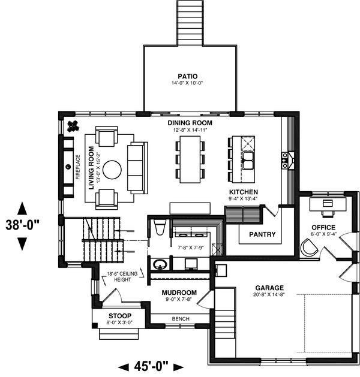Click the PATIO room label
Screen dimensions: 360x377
click(188, 77)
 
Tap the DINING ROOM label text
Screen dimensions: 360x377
click(190, 123)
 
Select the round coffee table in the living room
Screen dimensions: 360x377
click(112, 170)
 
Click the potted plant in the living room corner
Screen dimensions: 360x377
click(73, 126)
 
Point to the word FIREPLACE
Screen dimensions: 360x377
click(78, 167)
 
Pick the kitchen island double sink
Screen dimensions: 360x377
click(248, 161)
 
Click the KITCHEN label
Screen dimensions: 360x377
click(244, 192)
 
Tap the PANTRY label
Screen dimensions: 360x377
click(262, 234)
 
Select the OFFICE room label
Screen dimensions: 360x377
click(323, 227)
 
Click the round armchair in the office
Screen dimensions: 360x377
click(309, 247)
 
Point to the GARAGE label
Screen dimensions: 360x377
click(269, 288)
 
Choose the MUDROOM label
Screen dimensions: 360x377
click(179, 292)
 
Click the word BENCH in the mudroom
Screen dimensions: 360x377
click(181, 319)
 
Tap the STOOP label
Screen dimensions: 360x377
click(120, 316)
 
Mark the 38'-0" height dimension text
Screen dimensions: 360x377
click(22, 225)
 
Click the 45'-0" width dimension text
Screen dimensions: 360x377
click(151, 366)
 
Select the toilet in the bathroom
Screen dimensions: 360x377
click(160, 227)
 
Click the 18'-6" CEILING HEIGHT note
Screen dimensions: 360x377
click(122, 276)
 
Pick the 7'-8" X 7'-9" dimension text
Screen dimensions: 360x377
click(191, 248)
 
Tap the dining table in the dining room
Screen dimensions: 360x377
click(190, 159)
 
